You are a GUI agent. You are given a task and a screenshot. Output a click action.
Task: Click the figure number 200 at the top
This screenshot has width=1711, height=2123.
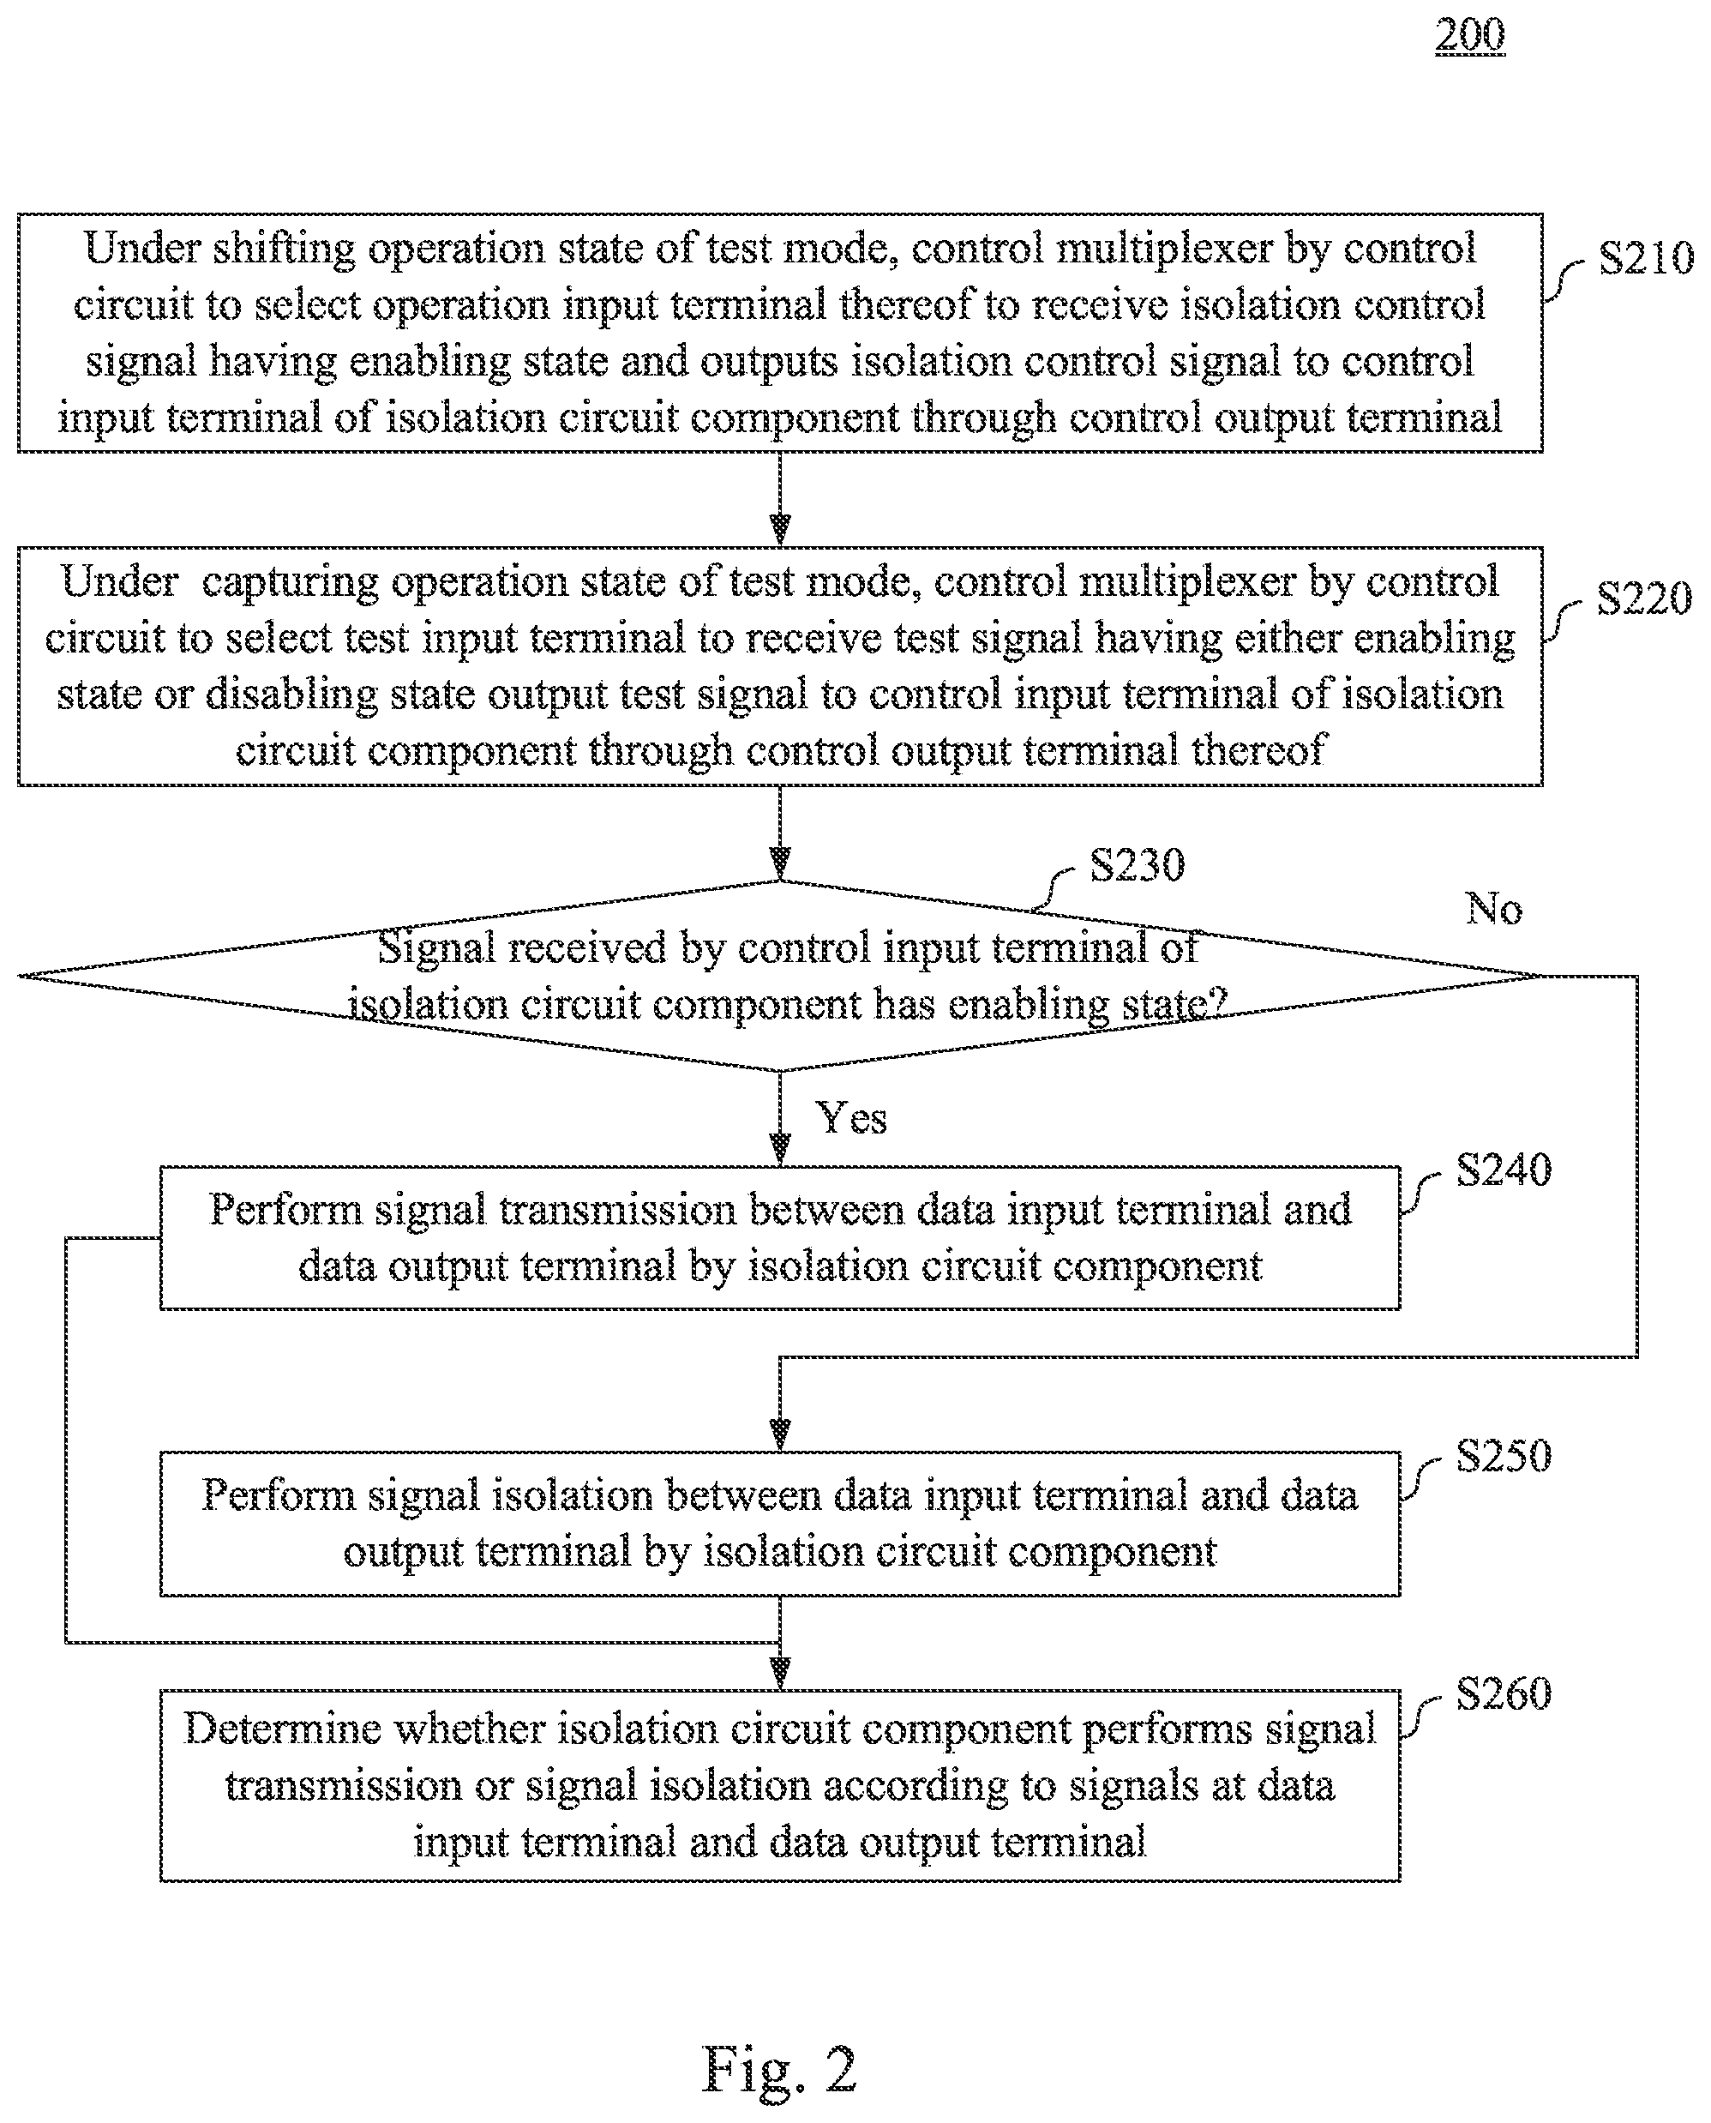(x=1469, y=35)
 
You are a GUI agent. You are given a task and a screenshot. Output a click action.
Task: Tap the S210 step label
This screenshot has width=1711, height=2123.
(x=1645, y=258)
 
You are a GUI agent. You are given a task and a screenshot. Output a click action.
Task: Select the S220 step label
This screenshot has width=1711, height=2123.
(x=1644, y=598)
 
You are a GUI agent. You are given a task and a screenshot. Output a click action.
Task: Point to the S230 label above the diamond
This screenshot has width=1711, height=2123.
(x=1137, y=865)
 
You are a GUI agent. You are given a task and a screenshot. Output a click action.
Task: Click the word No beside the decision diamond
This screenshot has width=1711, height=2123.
(x=1494, y=909)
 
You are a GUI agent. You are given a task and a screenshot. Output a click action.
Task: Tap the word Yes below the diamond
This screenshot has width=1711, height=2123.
(x=851, y=1119)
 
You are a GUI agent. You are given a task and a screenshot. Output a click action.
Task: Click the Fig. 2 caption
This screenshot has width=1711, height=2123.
(x=778, y=2069)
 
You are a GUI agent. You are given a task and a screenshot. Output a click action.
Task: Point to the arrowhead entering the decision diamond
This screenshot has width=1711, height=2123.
(x=779, y=864)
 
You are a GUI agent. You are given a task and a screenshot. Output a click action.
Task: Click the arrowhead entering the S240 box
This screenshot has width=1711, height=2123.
(x=779, y=1150)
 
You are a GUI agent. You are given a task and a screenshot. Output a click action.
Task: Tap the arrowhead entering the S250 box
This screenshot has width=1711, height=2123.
(x=779, y=1436)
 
